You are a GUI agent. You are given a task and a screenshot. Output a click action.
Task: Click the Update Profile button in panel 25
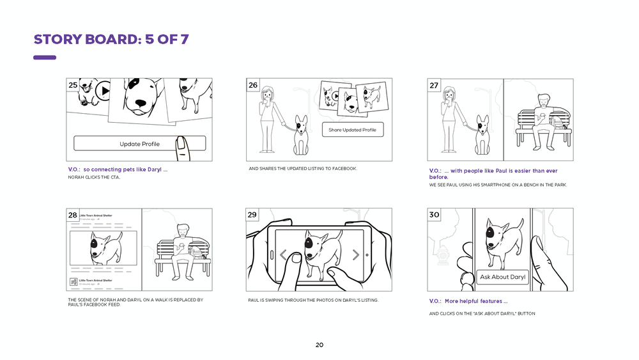139,143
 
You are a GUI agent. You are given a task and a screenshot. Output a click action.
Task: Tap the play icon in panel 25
104,91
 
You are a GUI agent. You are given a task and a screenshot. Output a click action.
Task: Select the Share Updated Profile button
352,130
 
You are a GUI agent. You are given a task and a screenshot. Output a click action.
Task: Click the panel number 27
434,85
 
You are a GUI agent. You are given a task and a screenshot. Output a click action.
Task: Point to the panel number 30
434,215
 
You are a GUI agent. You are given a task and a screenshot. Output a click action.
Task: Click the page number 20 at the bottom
319,345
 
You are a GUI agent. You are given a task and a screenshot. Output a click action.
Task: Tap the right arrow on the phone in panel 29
356,254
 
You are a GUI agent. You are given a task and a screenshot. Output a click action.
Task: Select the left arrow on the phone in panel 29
283,254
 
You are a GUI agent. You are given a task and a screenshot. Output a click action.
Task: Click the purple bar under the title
45,58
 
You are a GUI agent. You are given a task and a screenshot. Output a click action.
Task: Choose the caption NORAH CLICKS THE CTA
94,177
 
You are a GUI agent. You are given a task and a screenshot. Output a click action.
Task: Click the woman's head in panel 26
268,93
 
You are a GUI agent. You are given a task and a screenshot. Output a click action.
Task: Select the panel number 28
73,215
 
